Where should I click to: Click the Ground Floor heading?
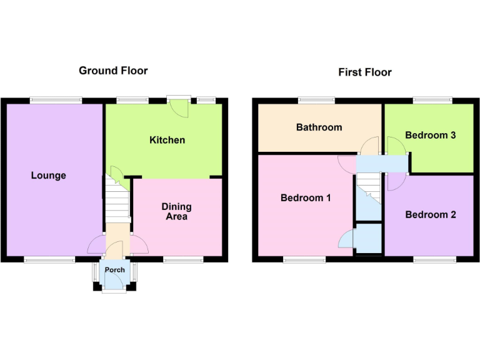click(x=113, y=71)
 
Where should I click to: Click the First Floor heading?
click(x=365, y=72)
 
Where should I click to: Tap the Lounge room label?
click(x=49, y=176)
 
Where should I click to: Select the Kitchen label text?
click(x=167, y=140)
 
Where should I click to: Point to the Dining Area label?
click(x=176, y=211)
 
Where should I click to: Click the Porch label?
click(x=114, y=270)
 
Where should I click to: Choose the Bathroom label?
click(x=319, y=127)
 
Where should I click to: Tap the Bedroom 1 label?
click(x=306, y=198)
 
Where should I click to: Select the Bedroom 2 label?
click(x=431, y=215)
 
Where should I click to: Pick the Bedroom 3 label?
click(x=430, y=135)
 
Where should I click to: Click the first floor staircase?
click(x=369, y=187)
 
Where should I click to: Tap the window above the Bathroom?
click(x=316, y=100)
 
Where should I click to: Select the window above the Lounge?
click(x=56, y=100)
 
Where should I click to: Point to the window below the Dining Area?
click(x=183, y=259)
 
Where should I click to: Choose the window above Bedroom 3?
click(x=432, y=100)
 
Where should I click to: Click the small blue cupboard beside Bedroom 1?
click(x=369, y=239)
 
